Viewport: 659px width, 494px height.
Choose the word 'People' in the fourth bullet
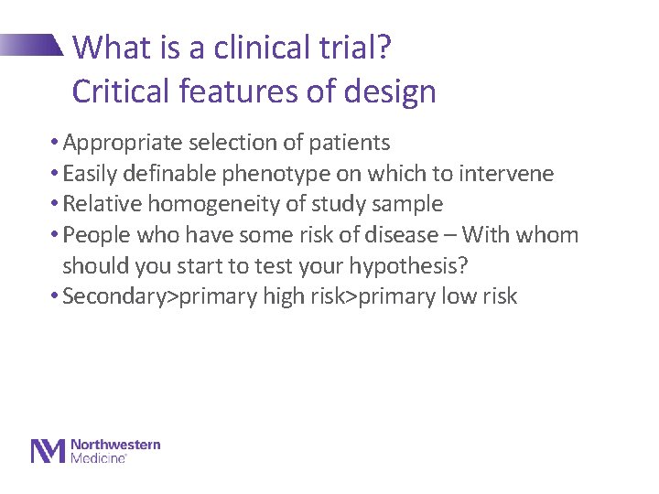97,235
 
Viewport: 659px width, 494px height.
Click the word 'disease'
401,235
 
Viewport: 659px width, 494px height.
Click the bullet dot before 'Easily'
55,174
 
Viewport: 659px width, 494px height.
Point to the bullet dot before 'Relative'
55,204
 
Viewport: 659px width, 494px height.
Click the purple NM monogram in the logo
49,451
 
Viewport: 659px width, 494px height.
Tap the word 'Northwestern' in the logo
115,445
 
